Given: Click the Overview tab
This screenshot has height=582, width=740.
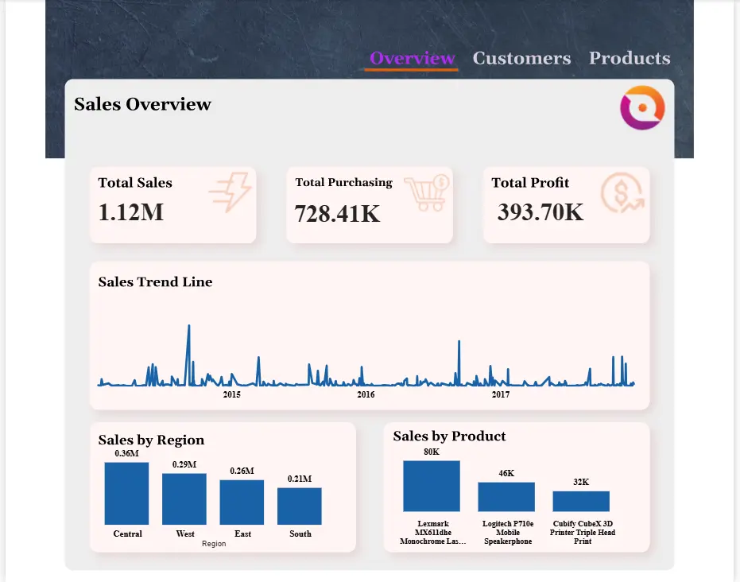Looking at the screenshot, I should tap(412, 59).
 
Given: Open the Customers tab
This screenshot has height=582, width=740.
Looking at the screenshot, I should tap(521, 59).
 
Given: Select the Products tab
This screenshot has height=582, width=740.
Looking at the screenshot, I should tap(630, 59).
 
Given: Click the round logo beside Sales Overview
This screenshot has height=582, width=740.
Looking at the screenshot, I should tap(642, 107).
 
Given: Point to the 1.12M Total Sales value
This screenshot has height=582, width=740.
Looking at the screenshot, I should tap(131, 212).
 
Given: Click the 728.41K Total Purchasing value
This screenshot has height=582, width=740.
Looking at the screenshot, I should tap(337, 214).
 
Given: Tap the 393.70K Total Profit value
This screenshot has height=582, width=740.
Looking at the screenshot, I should tap(540, 212).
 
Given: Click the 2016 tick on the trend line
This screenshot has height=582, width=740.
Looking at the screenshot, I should tap(366, 394).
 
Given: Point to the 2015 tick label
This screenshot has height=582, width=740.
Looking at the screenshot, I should tap(231, 394).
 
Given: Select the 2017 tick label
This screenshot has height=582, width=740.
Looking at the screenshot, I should tap(501, 394).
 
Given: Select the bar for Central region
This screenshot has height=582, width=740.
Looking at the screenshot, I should tap(126, 494).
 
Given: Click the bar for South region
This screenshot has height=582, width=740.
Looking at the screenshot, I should tap(300, 506).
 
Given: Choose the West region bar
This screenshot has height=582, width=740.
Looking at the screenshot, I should tap(184, 499).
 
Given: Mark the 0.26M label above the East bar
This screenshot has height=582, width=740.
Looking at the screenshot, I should tap(242, 471).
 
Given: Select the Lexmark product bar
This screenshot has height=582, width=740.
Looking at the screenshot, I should tap(432, 486).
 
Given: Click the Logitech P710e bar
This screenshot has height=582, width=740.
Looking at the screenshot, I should tap(506, 497).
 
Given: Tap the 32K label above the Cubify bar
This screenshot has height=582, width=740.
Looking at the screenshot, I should tap(581, 482).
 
